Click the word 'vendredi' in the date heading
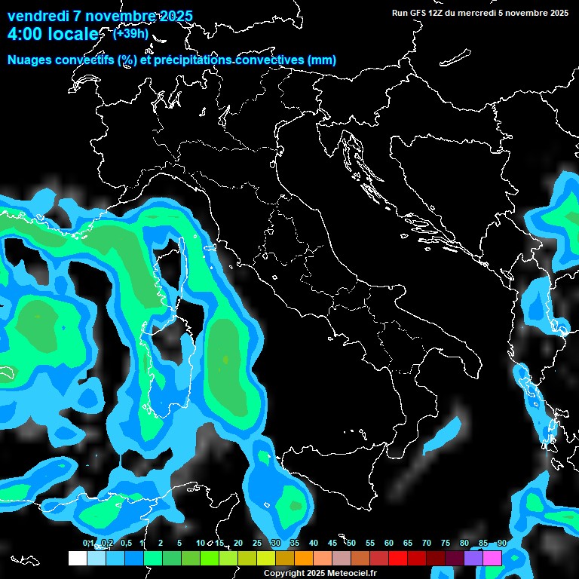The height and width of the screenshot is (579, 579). pyautogui.click(x=38, y=16)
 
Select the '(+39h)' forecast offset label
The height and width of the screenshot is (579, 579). pyautogui.click(x=130, y=34)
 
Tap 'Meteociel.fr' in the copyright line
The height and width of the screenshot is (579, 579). pyautogui.click(x=349, y=574)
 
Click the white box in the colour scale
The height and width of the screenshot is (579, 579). pyautogui.click(x=77, y=558)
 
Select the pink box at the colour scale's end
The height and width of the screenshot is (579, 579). pyautogui.click(x=492, y=558)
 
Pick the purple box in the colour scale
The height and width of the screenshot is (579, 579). pyautogui.click(x=473, y=558)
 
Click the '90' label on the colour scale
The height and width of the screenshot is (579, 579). pyautogui.click(x=501, y=544)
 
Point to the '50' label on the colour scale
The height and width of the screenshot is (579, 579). pyautogui.click(x=351, y=544)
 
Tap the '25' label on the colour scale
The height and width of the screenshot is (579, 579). pyautogui.click(x=256, y=544)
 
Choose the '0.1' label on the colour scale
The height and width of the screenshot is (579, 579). pyautogui.click(x=88, y=544)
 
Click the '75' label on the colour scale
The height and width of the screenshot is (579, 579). pyautogui.click(x=445, y=544)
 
